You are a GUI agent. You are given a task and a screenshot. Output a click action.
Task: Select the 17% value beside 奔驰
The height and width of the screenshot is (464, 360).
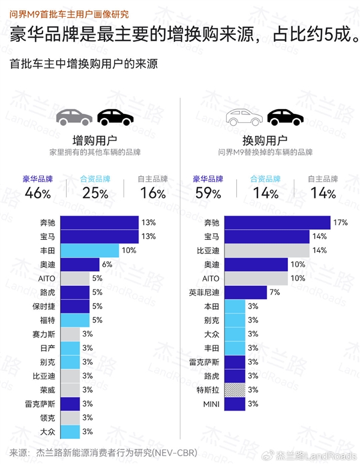click(341, 222)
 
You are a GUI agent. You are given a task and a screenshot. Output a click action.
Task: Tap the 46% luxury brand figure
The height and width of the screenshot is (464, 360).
click(38, 193)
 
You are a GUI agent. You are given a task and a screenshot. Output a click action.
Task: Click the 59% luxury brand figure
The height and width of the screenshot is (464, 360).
click(208, 193)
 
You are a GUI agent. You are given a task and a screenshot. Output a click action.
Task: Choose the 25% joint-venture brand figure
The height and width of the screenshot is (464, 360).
click(95, 193)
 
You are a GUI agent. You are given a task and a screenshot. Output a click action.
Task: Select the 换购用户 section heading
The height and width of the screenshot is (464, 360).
click(265, 140)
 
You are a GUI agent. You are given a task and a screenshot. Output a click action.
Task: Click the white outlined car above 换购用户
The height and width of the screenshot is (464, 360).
click(243, 116)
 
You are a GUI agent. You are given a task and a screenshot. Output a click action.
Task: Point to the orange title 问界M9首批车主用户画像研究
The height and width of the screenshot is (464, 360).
click(69, 13)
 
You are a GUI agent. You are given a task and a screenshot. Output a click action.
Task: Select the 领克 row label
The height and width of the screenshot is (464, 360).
click(49, 417)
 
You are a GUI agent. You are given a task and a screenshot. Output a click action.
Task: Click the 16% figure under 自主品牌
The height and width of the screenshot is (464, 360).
click(152, 193)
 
